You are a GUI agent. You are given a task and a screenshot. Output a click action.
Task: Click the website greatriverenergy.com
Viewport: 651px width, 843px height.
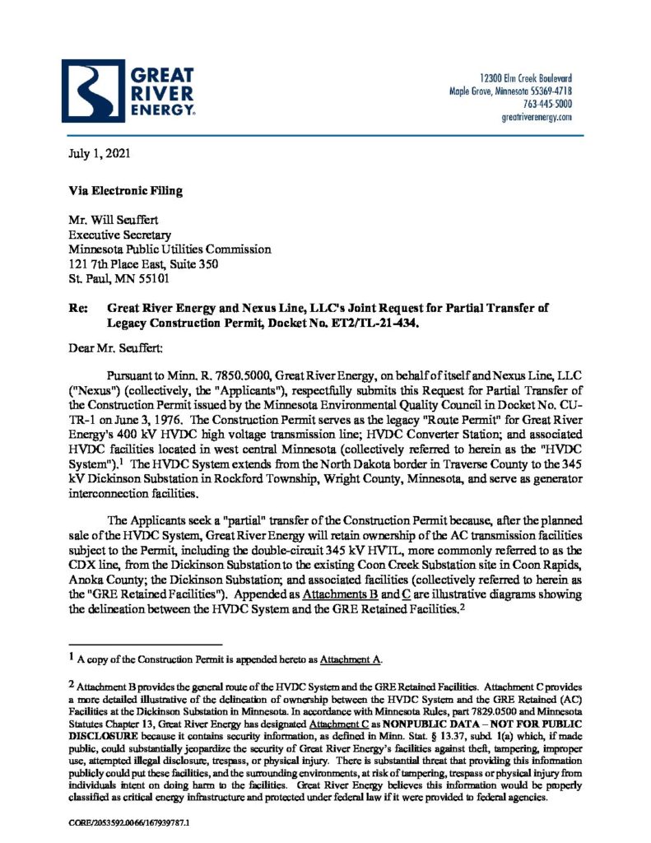(x=536, y=118)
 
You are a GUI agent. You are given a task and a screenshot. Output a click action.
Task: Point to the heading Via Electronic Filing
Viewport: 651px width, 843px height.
(x=125, y=191)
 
